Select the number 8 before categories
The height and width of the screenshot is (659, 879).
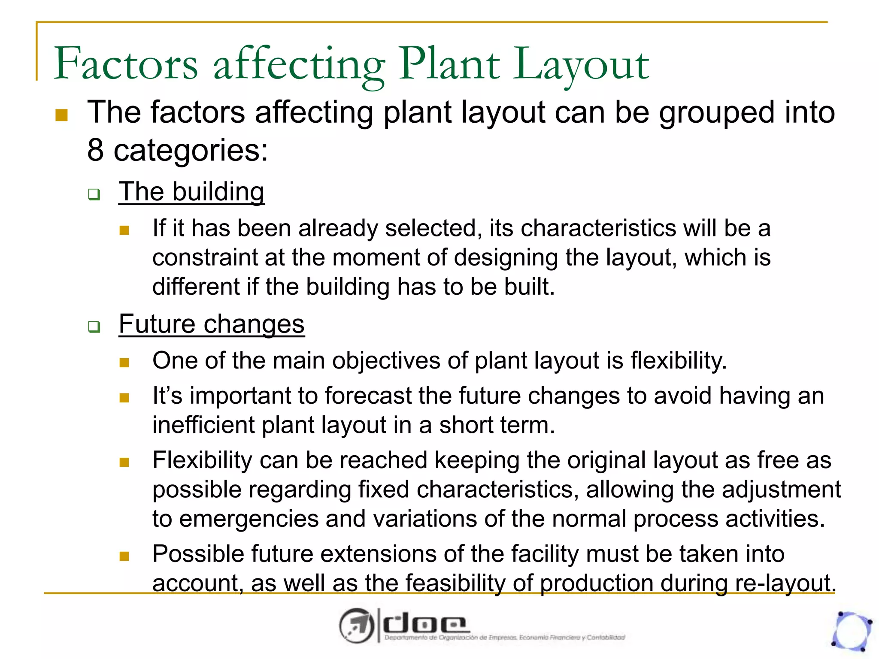point(95,150)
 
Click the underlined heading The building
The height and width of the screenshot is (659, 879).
point(191,191)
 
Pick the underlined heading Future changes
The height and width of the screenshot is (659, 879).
point(212,324)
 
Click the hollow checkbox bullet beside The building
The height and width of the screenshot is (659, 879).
point(94,194)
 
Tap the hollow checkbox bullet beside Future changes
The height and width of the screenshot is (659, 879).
point(94,327)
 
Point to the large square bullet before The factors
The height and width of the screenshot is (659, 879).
point(62,115)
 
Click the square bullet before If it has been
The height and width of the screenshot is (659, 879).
point(124,230)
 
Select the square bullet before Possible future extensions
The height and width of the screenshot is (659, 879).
point(124,556)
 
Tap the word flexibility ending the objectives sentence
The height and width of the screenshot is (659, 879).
point(678,360)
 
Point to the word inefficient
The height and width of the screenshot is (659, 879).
point(204,425)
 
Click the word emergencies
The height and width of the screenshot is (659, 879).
point(249,519)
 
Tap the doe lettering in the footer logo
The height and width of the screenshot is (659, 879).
point(424,625)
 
